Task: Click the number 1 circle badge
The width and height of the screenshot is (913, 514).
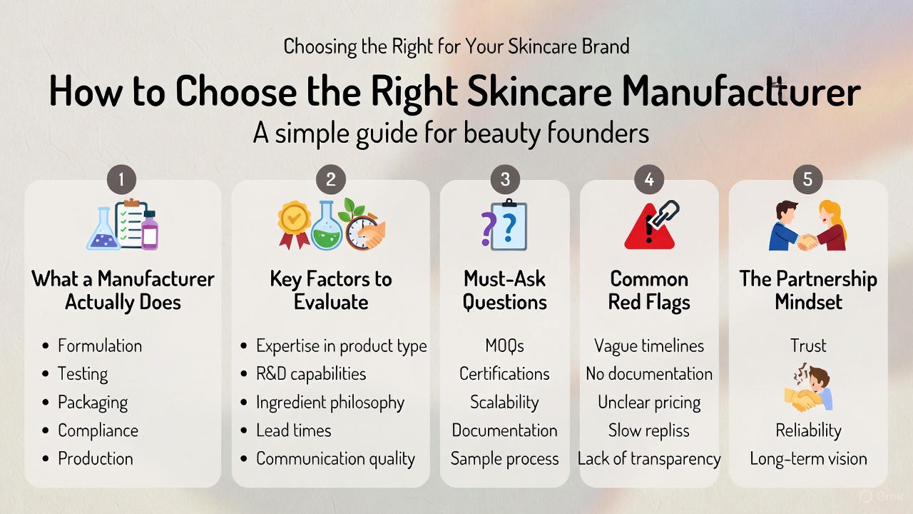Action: tap(121, 179)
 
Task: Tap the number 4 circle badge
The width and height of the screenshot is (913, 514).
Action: tap(649, 179)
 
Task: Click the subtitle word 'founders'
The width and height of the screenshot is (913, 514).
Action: tap(598, 133)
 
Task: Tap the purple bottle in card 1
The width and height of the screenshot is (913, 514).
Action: tap(150, 230)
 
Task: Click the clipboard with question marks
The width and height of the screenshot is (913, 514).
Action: tap(509, 225)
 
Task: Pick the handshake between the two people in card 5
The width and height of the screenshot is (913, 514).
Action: tap(807, 242)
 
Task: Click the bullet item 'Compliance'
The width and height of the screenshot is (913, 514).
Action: tap(98, 430)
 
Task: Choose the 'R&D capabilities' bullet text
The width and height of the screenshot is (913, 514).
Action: tap(311, 373)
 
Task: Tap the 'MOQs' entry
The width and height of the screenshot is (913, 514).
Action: tap(504, 346)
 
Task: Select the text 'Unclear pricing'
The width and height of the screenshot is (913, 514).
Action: tap(649, 402)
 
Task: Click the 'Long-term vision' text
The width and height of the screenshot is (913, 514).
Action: tap(808, 458)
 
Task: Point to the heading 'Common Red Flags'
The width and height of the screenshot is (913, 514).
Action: tap(649, 291)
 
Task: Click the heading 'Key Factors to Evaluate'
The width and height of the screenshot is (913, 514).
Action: tap(331, 291)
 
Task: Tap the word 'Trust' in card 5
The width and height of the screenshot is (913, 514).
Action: tap(808, 346)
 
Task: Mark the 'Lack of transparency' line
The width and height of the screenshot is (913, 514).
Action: tap(649, 458)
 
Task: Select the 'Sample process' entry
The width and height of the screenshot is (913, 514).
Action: tap(504, 459)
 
